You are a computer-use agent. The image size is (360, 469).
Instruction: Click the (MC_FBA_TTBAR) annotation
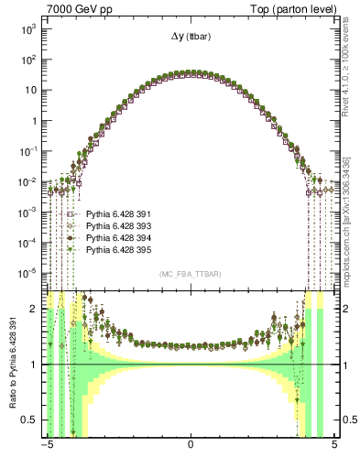click(x=190, y=275)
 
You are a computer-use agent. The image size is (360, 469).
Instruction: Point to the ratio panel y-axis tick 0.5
click(x=30, y=420)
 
